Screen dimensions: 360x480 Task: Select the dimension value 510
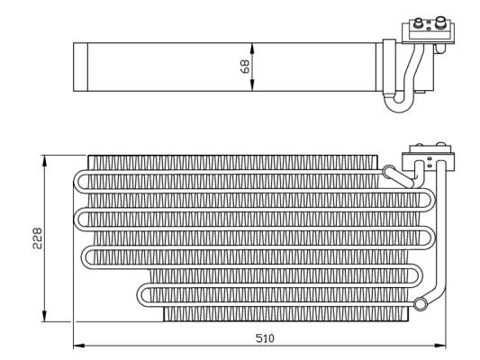click(x=264, y=337)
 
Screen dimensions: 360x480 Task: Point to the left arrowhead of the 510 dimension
click(x=77, y=345)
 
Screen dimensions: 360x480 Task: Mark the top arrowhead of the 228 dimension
click(x=44, y=159)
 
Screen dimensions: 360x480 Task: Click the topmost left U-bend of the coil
click(x=78, y=181)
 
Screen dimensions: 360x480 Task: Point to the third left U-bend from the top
click(x=86, y=256)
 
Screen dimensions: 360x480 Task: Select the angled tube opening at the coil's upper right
click(x=389, y=171)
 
